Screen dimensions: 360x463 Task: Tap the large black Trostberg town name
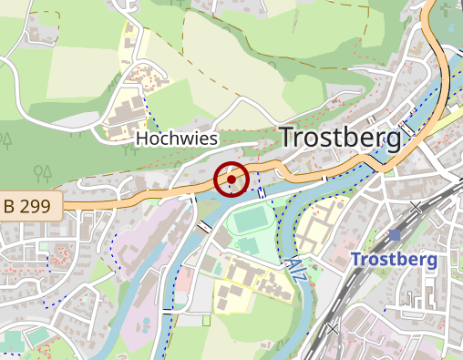click(x=340, y=138)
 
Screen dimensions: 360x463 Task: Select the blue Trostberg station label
click(x=394, y=259)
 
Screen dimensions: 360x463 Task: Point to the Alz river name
click(x=295, y=268)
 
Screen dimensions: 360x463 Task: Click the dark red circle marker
click(x=231, y=180)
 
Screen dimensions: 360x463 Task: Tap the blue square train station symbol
click(x=395, y=235)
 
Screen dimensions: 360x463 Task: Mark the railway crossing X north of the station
click(x=417, y=208)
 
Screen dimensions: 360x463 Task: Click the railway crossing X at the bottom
click(x=333, y=328)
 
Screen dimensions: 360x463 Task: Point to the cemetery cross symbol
click(x=209, y=321)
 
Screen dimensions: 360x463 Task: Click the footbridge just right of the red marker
click(x=262, y=190)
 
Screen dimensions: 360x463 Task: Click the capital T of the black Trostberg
click(x=287, y=138)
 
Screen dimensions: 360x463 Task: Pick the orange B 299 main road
click(x=137, y=195)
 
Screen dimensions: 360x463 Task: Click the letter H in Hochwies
click(x=141, y=139)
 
